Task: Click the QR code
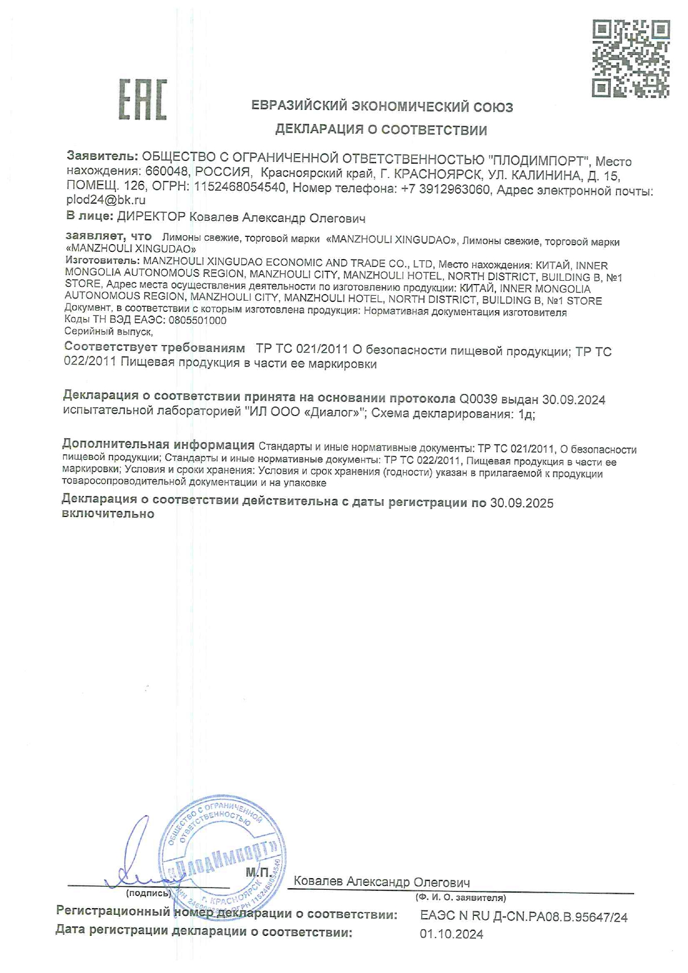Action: click(631, 59)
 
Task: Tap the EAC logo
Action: click(143, 100)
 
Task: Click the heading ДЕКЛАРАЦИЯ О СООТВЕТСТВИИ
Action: click(381, 130)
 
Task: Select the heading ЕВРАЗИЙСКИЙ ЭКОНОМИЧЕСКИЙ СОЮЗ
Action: click(382, 107)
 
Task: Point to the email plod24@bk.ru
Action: click(106, 200)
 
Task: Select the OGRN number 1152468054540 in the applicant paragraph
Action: click(239, 187)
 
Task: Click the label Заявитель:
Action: click(102, 156)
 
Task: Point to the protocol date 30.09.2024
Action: click(574, 400)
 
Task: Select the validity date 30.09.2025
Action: click(522, 503)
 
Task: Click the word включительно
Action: click(108, 514)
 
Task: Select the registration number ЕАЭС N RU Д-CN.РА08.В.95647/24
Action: click(524, 918)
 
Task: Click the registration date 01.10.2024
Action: click(452, 935)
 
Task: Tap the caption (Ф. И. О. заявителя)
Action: click(461, 898)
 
